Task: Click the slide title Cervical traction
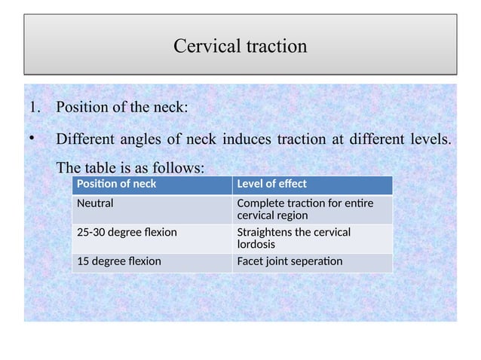(240, 46)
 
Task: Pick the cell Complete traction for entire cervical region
(305, 209)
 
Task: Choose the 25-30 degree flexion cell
(127, 232)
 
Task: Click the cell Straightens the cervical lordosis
(293, 238)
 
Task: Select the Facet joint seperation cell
(289, 261)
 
